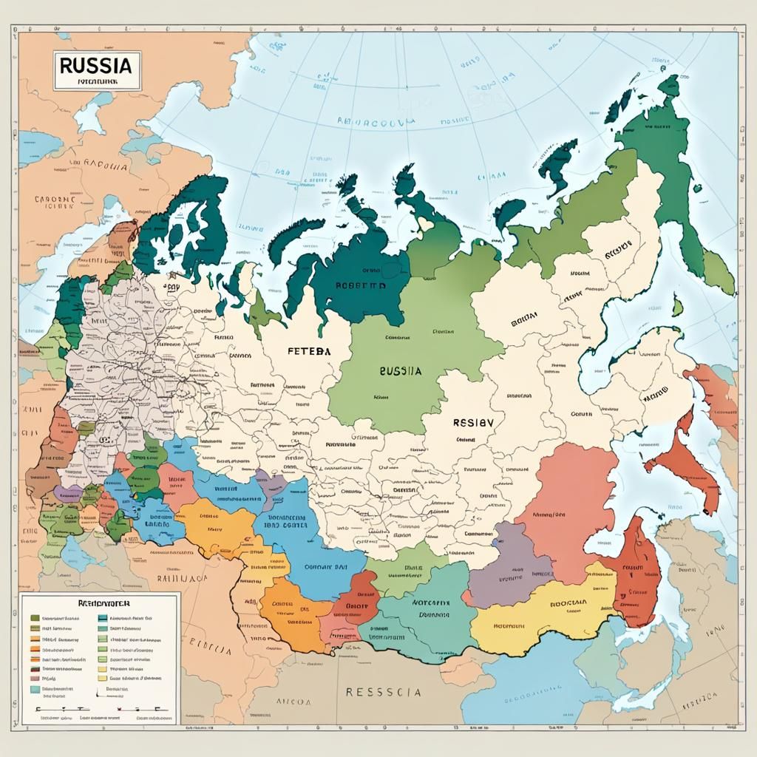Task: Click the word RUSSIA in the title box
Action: click(96, 64)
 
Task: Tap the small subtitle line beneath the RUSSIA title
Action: click(96, 82)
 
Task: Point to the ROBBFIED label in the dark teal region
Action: click(361, 285)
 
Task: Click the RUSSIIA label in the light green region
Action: click(400, 372)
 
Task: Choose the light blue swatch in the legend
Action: click(35, 688)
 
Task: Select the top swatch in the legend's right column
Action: click(102, 617)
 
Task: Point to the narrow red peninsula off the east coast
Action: click(684, 462)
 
